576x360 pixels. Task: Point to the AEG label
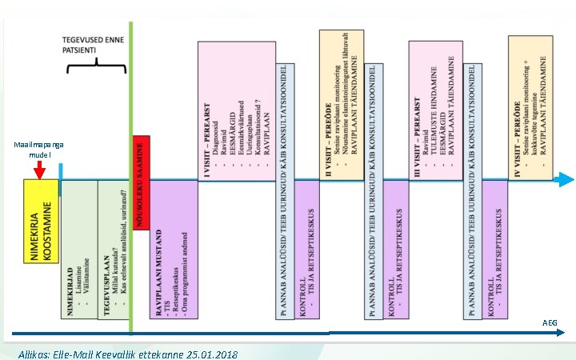550,323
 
